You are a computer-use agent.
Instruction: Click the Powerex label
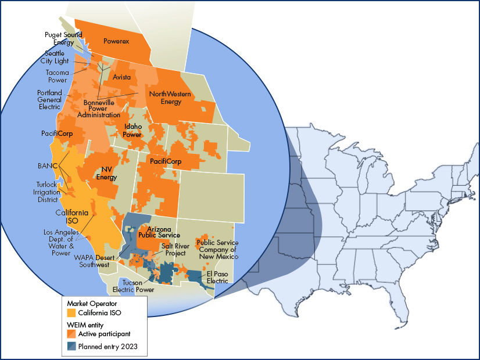116,41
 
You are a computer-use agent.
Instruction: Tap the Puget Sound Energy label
60,38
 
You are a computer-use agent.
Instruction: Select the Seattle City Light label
53,57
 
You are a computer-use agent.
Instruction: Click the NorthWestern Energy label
165,98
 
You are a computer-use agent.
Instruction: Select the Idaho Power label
132,130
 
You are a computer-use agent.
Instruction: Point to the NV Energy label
106,173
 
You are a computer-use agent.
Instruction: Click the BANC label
45,165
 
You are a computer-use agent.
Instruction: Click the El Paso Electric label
218,277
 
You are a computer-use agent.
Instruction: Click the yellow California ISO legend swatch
71,313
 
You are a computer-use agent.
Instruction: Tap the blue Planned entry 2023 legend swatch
71,347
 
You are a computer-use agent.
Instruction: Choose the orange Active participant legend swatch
71,334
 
